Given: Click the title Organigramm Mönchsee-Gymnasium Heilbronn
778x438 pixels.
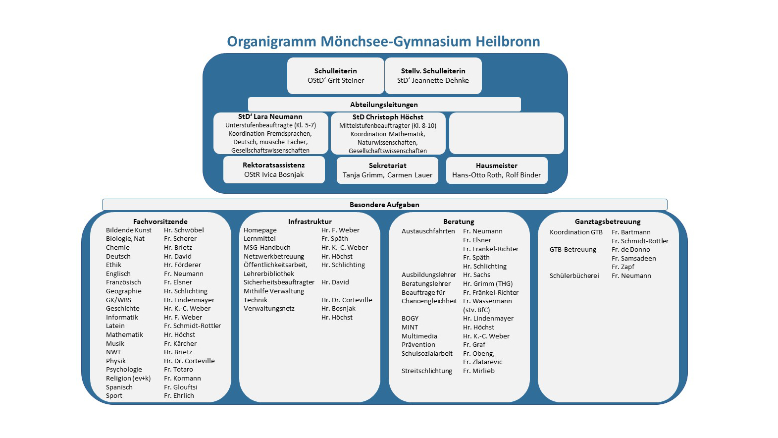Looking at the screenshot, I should [x=383, y=42].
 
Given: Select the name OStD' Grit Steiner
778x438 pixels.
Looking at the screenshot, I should [x=336, y=81].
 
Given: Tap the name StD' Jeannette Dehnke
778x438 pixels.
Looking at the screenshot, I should [x=433, y=81].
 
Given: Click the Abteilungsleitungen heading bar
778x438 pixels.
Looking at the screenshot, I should [x=384, y=105].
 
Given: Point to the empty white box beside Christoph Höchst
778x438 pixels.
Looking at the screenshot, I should [x=506, y=133].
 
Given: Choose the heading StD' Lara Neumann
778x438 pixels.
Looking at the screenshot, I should [x=270, y=117].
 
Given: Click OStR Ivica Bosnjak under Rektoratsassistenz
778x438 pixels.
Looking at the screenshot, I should [x=274, y=175].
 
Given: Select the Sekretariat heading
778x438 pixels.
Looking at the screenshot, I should [x=387, y=165].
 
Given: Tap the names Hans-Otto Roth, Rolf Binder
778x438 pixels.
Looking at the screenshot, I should [x=496, y=175].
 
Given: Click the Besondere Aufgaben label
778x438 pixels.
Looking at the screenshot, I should [x=384, y=205].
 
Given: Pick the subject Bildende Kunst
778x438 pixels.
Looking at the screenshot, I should [x=129, y=230].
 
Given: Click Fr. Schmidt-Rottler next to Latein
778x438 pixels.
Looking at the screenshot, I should [x=192, y=326].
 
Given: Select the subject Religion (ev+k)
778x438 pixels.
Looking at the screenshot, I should [x=128, y=379].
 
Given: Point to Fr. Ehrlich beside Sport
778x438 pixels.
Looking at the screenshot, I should [x=179, y=396].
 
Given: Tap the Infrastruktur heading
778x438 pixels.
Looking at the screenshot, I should [x=310, y=221].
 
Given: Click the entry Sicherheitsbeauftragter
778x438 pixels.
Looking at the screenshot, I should [x=279, y=282].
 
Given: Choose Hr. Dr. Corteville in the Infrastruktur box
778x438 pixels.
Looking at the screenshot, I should [x=347, y=300].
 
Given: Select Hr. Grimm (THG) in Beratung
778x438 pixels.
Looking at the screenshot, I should [x=488, y=284].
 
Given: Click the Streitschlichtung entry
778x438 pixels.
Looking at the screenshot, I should [x=427, y=371].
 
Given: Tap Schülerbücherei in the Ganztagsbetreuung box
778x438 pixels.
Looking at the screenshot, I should [x=574, y=276].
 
